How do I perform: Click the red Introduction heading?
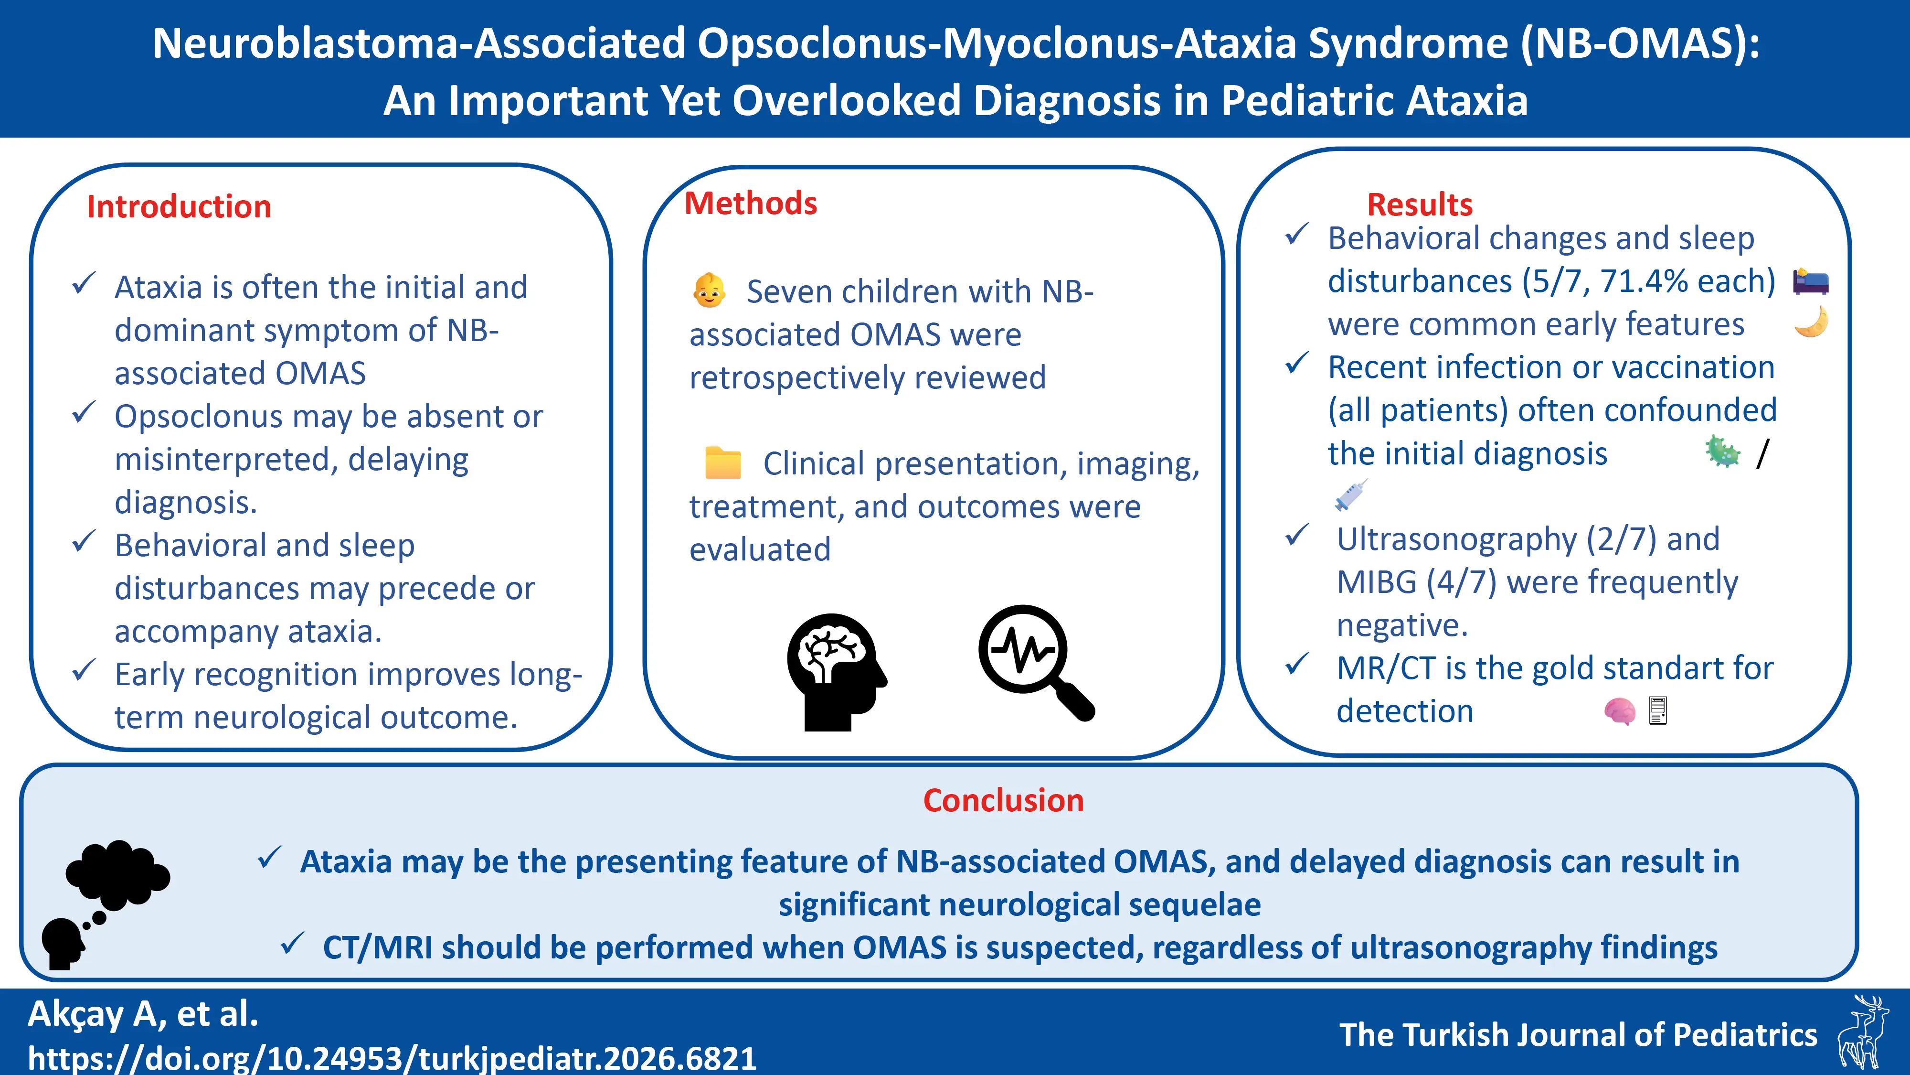pos(179,207)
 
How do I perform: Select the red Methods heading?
pos(750,203)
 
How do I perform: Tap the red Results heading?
pos(1419,205)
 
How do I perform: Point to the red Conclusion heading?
pos(1003,800)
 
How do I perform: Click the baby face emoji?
pos(709,291)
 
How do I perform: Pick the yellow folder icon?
pos(723,463)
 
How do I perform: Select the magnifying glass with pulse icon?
pos(1034,660)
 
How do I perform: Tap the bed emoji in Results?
pos(1810,282)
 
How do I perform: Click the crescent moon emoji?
pos(1811,322)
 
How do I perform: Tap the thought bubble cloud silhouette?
pos(117,875)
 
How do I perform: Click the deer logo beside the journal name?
pos(1862,1032)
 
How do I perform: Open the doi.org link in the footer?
pos(392,1057)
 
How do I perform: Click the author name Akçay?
pos(75,1014)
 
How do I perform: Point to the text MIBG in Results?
pos(1376,582)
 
